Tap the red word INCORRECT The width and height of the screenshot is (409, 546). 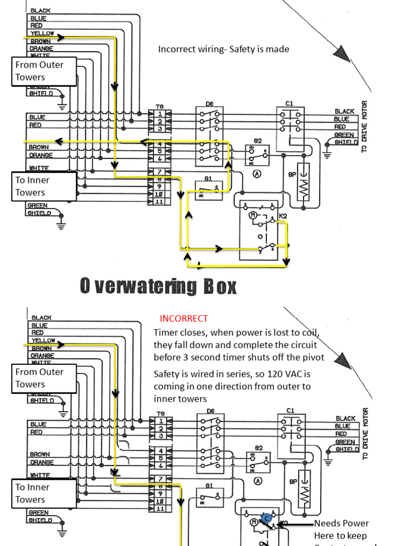click(184, 318)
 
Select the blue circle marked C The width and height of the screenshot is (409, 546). click(267, 518)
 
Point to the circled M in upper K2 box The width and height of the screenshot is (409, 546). click(253, 215)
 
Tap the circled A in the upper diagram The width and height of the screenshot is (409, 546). click(257, 173)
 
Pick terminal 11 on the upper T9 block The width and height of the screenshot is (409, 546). click(159, 202)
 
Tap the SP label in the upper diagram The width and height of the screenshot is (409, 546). click(292, 174)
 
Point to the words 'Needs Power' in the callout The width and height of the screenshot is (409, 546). click(341, 523)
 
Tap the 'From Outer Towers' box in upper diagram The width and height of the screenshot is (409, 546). click(44, 71)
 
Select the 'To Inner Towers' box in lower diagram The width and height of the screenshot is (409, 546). click(44, 493)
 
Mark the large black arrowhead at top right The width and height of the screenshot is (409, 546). click(342, 53)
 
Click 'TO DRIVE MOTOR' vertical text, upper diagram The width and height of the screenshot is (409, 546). click(365, 126)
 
